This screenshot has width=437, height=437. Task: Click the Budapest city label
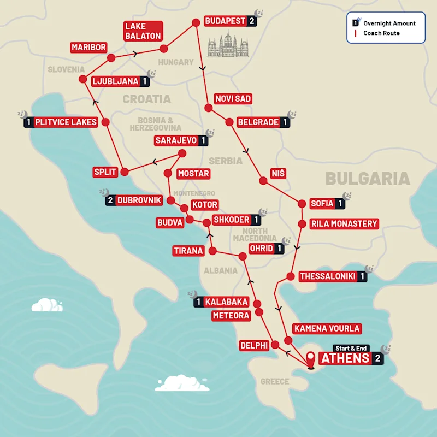225,21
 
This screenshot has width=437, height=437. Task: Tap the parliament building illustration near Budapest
228,44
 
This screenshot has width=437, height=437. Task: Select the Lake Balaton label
143,31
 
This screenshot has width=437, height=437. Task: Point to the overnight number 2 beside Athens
377,359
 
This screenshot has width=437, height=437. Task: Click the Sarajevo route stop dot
182,153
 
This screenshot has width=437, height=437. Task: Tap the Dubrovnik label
139,200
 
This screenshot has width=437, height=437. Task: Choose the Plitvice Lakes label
66,122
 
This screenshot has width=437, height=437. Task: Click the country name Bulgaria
367,179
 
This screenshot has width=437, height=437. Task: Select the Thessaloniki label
327,277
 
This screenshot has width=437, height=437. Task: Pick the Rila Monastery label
344,223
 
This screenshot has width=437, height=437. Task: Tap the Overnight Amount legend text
389,23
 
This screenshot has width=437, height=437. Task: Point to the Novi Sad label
233,98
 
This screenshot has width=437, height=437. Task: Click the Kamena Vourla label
327,328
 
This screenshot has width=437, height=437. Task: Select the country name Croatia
146,99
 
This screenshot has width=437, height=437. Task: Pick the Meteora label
231,316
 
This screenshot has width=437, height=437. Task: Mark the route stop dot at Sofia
301,204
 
